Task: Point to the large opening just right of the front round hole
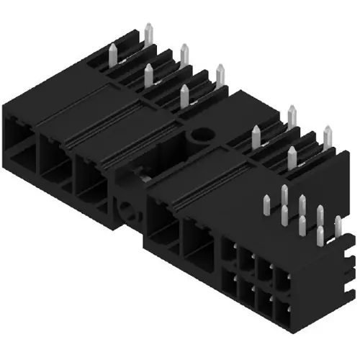pos(162,220)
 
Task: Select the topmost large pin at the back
pos(148,33)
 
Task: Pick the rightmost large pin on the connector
pos(328,137)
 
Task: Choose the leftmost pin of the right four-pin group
pos(256,136)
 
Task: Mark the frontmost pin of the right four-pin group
pos(292,158)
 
